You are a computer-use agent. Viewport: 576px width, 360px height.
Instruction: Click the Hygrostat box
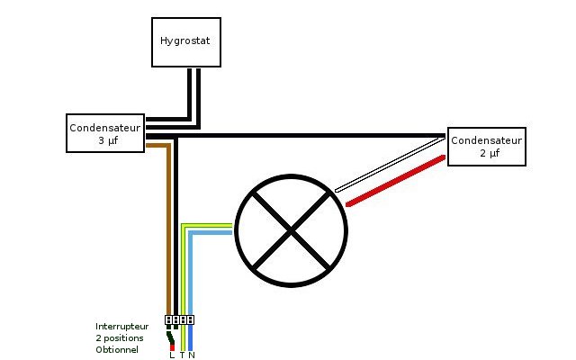tap(184, 41)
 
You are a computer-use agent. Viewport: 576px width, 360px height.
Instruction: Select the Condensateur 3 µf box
tap(106, 133)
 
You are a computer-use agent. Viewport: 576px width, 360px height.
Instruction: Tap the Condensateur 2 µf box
tap(486, 147)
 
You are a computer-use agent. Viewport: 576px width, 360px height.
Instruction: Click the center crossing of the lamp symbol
tap(291, 231)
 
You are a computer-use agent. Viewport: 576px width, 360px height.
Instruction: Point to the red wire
tap(396, 181)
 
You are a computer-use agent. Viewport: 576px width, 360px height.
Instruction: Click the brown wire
tap(168, 234)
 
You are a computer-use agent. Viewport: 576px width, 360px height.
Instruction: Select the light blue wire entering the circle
tap(211, 233)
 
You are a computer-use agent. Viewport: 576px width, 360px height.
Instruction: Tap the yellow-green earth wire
tap(184, 270)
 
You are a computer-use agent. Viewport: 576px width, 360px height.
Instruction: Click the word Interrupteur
tap(122, 326)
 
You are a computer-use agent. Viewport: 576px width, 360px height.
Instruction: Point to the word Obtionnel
tap(117, 349)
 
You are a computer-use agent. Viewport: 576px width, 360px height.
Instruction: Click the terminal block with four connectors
tap(180, 319)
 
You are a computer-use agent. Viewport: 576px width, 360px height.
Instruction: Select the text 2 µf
tap(486, 154)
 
